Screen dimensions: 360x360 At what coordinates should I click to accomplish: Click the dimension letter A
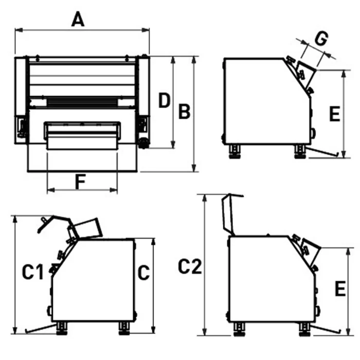tap(78, 20)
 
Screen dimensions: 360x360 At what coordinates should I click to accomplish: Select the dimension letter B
tap(184, 112)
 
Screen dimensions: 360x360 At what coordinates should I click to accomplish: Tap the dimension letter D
tap(164, 100)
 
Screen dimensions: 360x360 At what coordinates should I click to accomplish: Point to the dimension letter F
tap(80, 182)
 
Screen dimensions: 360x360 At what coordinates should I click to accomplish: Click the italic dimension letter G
tap(321, 38)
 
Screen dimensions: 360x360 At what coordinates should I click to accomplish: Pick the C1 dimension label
tap(32, 272)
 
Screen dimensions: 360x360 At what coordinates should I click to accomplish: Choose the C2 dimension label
tap(190, 266)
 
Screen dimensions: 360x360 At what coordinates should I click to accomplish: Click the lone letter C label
tap(143, 273)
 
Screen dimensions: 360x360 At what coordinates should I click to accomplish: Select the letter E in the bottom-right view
tap(340, 289)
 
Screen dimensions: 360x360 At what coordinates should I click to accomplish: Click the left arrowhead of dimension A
tap(19, 30)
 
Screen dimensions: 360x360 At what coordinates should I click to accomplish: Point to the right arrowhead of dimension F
tap(114, 190)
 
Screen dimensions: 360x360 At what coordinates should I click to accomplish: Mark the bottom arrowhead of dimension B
tap(194, 168)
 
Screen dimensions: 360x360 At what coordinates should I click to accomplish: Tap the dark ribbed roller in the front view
tap(82, 102)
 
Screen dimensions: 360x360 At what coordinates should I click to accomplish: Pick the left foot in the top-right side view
tap(235, 151)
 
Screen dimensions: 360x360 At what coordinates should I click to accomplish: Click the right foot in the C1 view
tap(124, 328)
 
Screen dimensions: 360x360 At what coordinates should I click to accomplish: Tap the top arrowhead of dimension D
tap(173, 61)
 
